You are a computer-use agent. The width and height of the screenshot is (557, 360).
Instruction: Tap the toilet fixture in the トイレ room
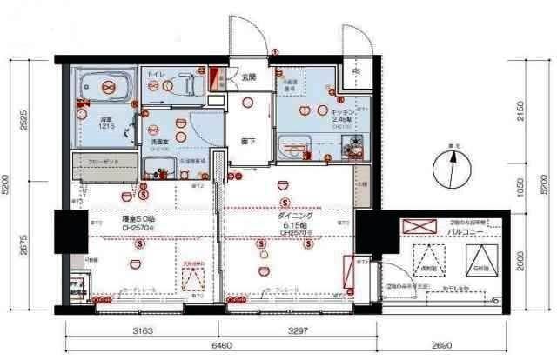pyautogui.click(x=185, y=86)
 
